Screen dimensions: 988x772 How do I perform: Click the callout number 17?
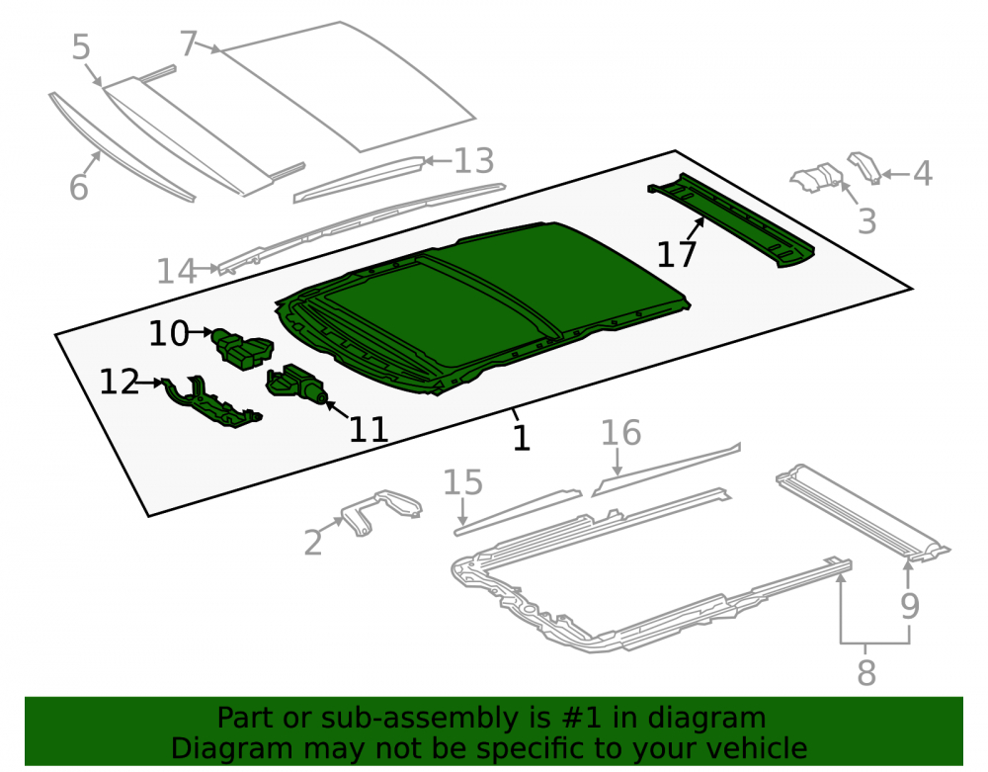click(x=676, y=255)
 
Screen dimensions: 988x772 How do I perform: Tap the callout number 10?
click(x=169, y=333)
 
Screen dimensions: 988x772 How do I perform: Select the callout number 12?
click(x=120, y=382)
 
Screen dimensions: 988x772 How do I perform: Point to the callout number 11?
click(x=369, y=430)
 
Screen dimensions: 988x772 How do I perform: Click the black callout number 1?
click(x=521, y=437)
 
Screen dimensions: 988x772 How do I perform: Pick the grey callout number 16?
click(x=620, y=433)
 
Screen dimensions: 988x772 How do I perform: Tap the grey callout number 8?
click(x=866, y=672)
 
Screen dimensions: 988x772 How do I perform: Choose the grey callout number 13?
click(x=474, y=161)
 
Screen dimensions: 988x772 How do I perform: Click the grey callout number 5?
click(x=81, y=47)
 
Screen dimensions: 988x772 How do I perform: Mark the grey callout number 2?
click(x=313, y=542)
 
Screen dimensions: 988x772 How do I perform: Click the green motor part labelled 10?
click(x=243, y=349)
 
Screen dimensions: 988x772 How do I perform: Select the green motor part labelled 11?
click(x=295, y=384)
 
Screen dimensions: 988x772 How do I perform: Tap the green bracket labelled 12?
click(x=210, y=402)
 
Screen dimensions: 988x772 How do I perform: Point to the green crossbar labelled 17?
click(x=731, y=220)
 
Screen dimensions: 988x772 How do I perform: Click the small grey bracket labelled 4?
click(x=864, y=167)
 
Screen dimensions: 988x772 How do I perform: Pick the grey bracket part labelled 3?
click(x=817, y=177)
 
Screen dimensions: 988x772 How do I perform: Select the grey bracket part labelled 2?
click(x=381, y=512)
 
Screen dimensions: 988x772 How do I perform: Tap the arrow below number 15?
click(x=463, y=511)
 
